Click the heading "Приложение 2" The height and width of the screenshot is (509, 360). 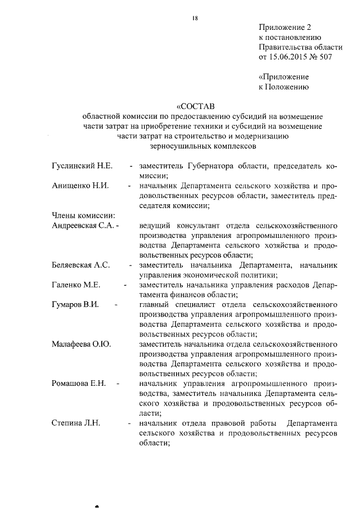point(285,27)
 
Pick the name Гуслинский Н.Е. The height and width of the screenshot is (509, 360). point(83,166)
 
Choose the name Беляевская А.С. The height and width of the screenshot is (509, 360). point(80,265)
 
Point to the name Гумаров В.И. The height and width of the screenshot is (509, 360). point(75,304)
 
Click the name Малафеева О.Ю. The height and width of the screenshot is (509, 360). point(80,344)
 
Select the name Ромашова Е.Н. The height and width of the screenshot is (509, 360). point(79,383)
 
